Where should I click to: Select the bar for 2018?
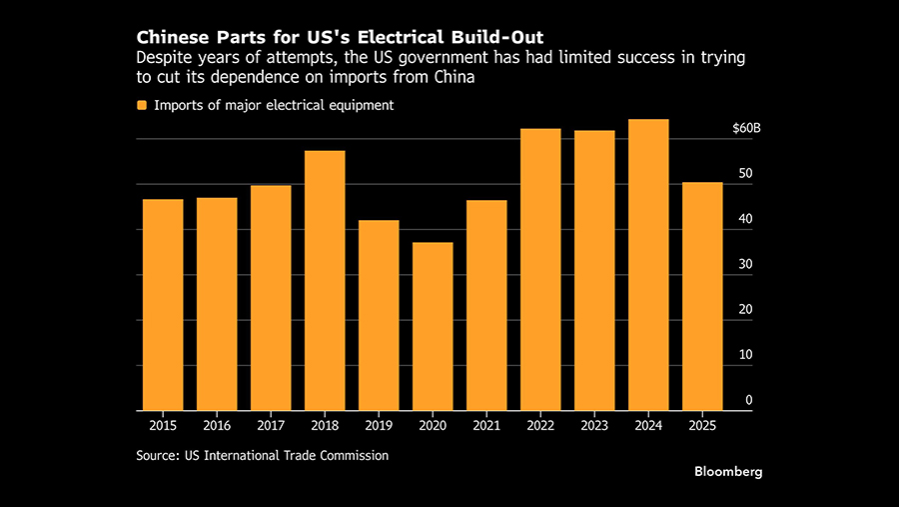[325, 281]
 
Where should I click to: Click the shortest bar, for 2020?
[433, 327]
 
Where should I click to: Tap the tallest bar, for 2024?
[648, 265]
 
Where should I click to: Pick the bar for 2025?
[702, 297]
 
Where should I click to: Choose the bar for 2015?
[163, 305]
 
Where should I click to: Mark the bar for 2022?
[540, 270]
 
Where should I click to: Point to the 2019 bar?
[379, 316]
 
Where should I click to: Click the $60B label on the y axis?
[746, 129]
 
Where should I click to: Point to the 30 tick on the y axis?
[745, 265]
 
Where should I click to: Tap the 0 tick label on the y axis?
[749, 401]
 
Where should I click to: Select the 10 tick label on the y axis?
[745, 355]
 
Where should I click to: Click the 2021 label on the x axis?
[486, 426]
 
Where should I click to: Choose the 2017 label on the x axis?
[271, 426]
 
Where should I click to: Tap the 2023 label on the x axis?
[594, 426]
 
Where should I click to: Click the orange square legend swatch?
[142, 105]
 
